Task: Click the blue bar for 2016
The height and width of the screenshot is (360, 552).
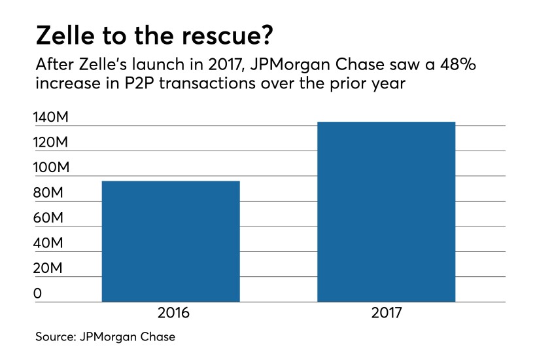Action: [x=171, y=241]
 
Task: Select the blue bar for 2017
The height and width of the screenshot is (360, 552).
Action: [x=386, y=211]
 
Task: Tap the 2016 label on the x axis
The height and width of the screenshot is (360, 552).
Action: [x=173, y=314]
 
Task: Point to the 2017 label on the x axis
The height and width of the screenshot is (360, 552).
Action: [x=387, y=314]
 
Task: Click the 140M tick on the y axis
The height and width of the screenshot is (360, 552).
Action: [x=52, y=118]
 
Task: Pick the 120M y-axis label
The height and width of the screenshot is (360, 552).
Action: [x=52, y=143]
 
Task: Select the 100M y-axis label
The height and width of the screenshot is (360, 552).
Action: [x=52, y=168]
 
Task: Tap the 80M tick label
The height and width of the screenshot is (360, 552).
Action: [x=49, y=194]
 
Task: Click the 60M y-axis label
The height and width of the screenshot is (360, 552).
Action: [x=49, y=219]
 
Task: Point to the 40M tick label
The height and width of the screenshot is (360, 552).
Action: [x=49, y=243]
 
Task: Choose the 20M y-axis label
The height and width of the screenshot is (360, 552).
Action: [x=49, y=269]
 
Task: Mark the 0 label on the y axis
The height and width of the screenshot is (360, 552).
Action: [x=37, y=294]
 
